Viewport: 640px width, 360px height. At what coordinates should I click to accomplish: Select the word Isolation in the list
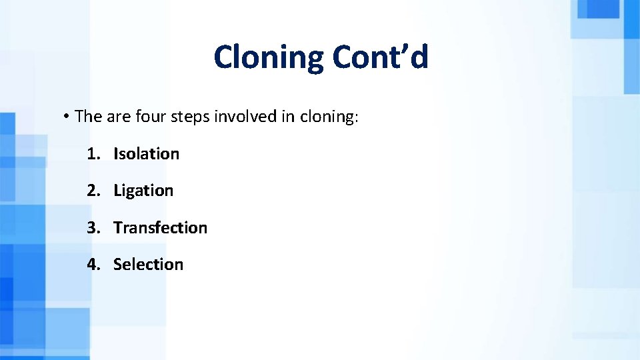tap(146, 154)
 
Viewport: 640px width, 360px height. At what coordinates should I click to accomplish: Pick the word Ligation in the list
tap(143, 191)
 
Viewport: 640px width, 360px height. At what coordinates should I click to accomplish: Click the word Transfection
tap(160, 228)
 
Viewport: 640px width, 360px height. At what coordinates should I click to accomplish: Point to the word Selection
tap(148, 265)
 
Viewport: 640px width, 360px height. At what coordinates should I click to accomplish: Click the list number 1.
tap(91, 154)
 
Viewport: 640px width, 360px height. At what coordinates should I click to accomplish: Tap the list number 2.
tap(91, 191)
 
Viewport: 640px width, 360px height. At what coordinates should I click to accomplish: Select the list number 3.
tap(91, 228)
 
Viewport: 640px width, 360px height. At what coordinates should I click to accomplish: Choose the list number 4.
tap(91, 265)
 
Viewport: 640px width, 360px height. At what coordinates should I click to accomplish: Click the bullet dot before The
tap(67, 117)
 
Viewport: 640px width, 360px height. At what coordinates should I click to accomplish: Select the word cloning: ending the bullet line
tap(329, 117)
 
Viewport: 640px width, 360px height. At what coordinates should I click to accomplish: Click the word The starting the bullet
tap(88, 117)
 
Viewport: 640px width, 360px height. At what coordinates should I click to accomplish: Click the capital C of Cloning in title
tap(223, 57)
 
